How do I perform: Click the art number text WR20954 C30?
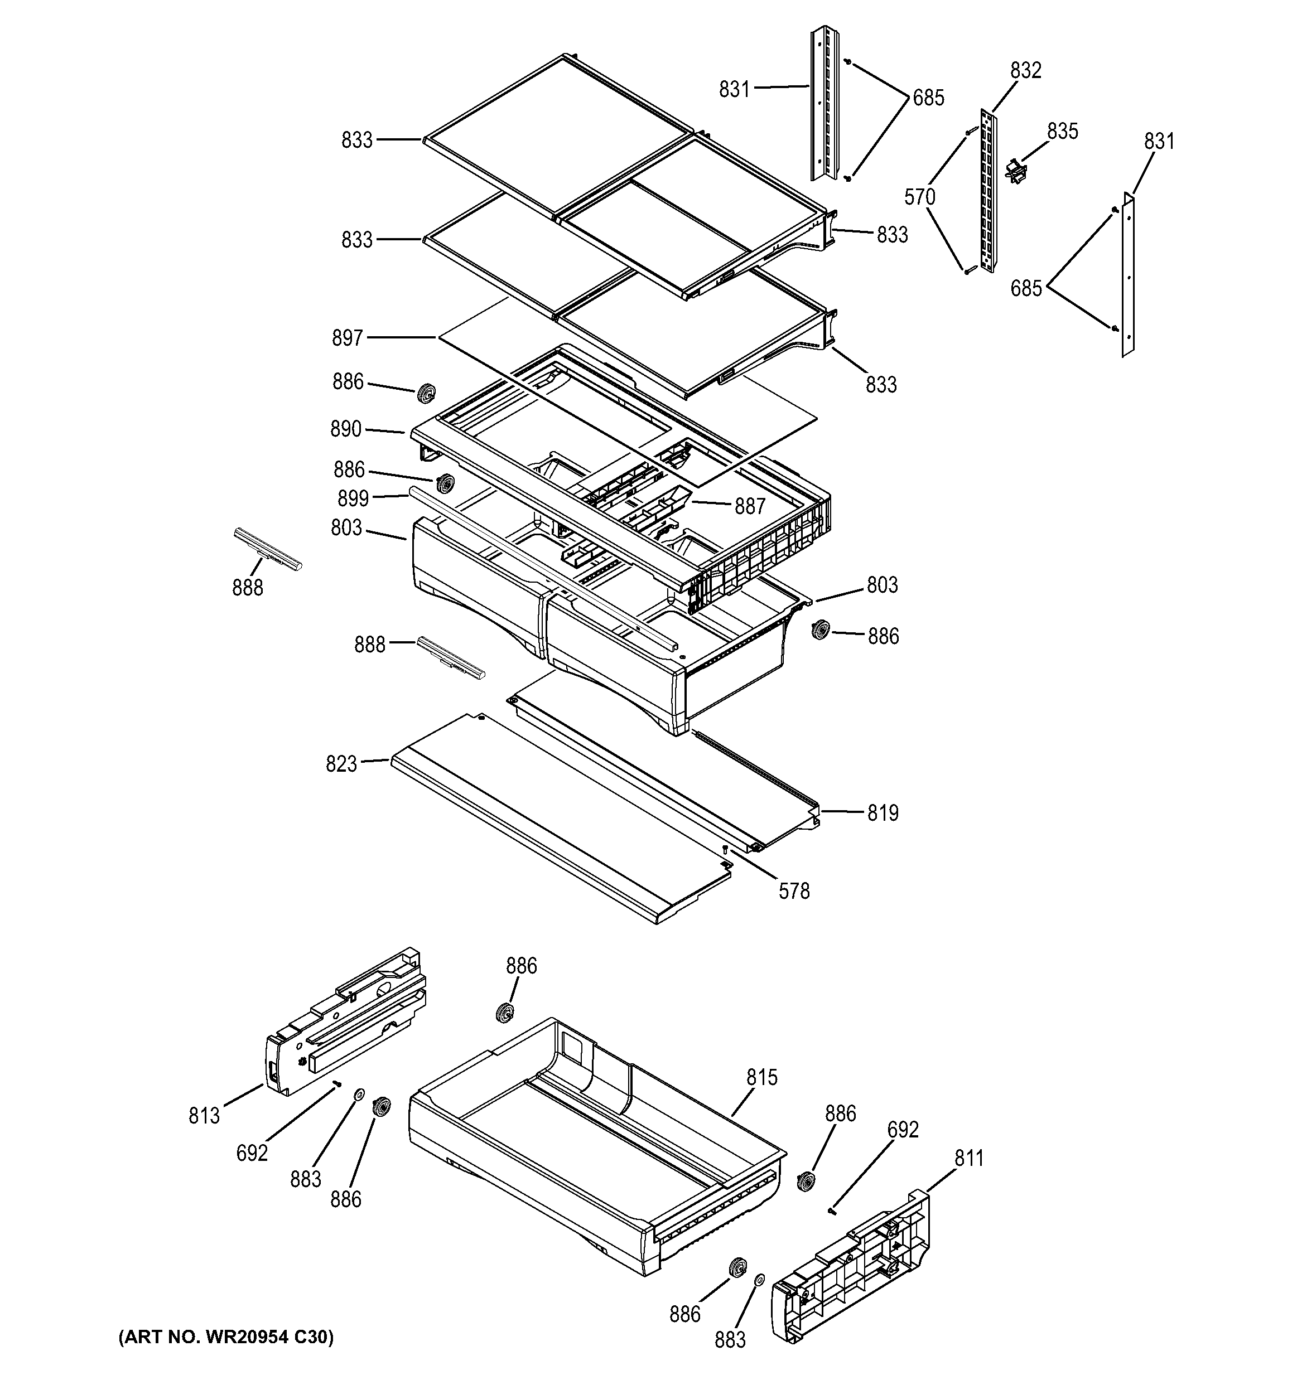point(226,1337)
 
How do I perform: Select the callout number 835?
point(1062,130)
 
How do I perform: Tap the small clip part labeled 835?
point(1015,170)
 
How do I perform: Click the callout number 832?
point(1025,70)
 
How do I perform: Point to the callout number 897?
point(347,337)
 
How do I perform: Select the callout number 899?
point(353,498)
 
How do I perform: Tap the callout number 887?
point(750,506)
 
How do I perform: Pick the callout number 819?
point(883,812)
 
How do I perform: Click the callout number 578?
point(794,890)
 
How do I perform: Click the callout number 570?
point(919,197)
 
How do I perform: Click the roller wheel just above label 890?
point(426,393)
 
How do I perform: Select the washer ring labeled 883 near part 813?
point(359,1095)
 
